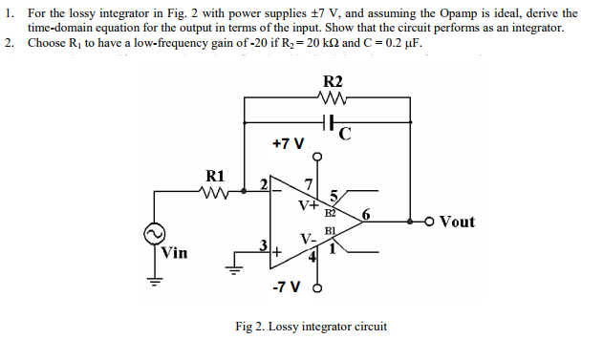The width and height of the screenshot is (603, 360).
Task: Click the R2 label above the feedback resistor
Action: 334,81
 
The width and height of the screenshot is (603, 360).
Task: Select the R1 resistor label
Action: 216,176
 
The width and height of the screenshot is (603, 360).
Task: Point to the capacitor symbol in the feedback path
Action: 328,123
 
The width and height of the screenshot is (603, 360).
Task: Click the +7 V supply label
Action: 288,144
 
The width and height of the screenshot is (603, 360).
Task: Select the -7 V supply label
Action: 286,286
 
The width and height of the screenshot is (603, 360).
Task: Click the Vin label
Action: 174,253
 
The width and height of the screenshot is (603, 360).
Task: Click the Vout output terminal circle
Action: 431,222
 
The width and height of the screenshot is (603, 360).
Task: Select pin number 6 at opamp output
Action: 364,214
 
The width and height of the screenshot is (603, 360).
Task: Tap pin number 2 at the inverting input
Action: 265,185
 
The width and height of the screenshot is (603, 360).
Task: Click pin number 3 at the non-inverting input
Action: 264,249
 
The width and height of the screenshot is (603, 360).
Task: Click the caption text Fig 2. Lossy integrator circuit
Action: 311,327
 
